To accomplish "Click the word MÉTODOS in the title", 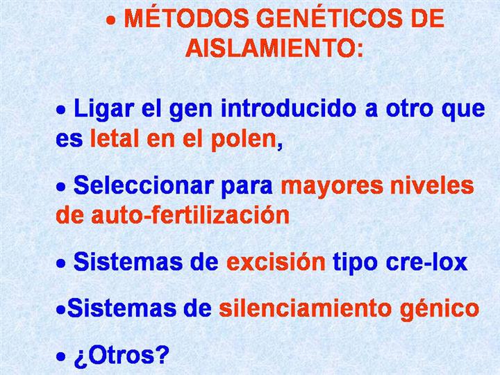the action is point(187,18).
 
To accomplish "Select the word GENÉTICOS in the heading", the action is point(329,18).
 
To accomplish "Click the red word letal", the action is point(115,139).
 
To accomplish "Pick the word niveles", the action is point(432,185).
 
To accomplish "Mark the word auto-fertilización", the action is point(190,215).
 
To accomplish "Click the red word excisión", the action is point(276,262).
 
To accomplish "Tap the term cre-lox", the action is point(426,262).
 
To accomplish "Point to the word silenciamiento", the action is point(305,308).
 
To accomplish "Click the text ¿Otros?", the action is point(122,356).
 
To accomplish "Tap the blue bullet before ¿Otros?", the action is point(61,356).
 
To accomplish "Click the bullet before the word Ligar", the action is point(61,110).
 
